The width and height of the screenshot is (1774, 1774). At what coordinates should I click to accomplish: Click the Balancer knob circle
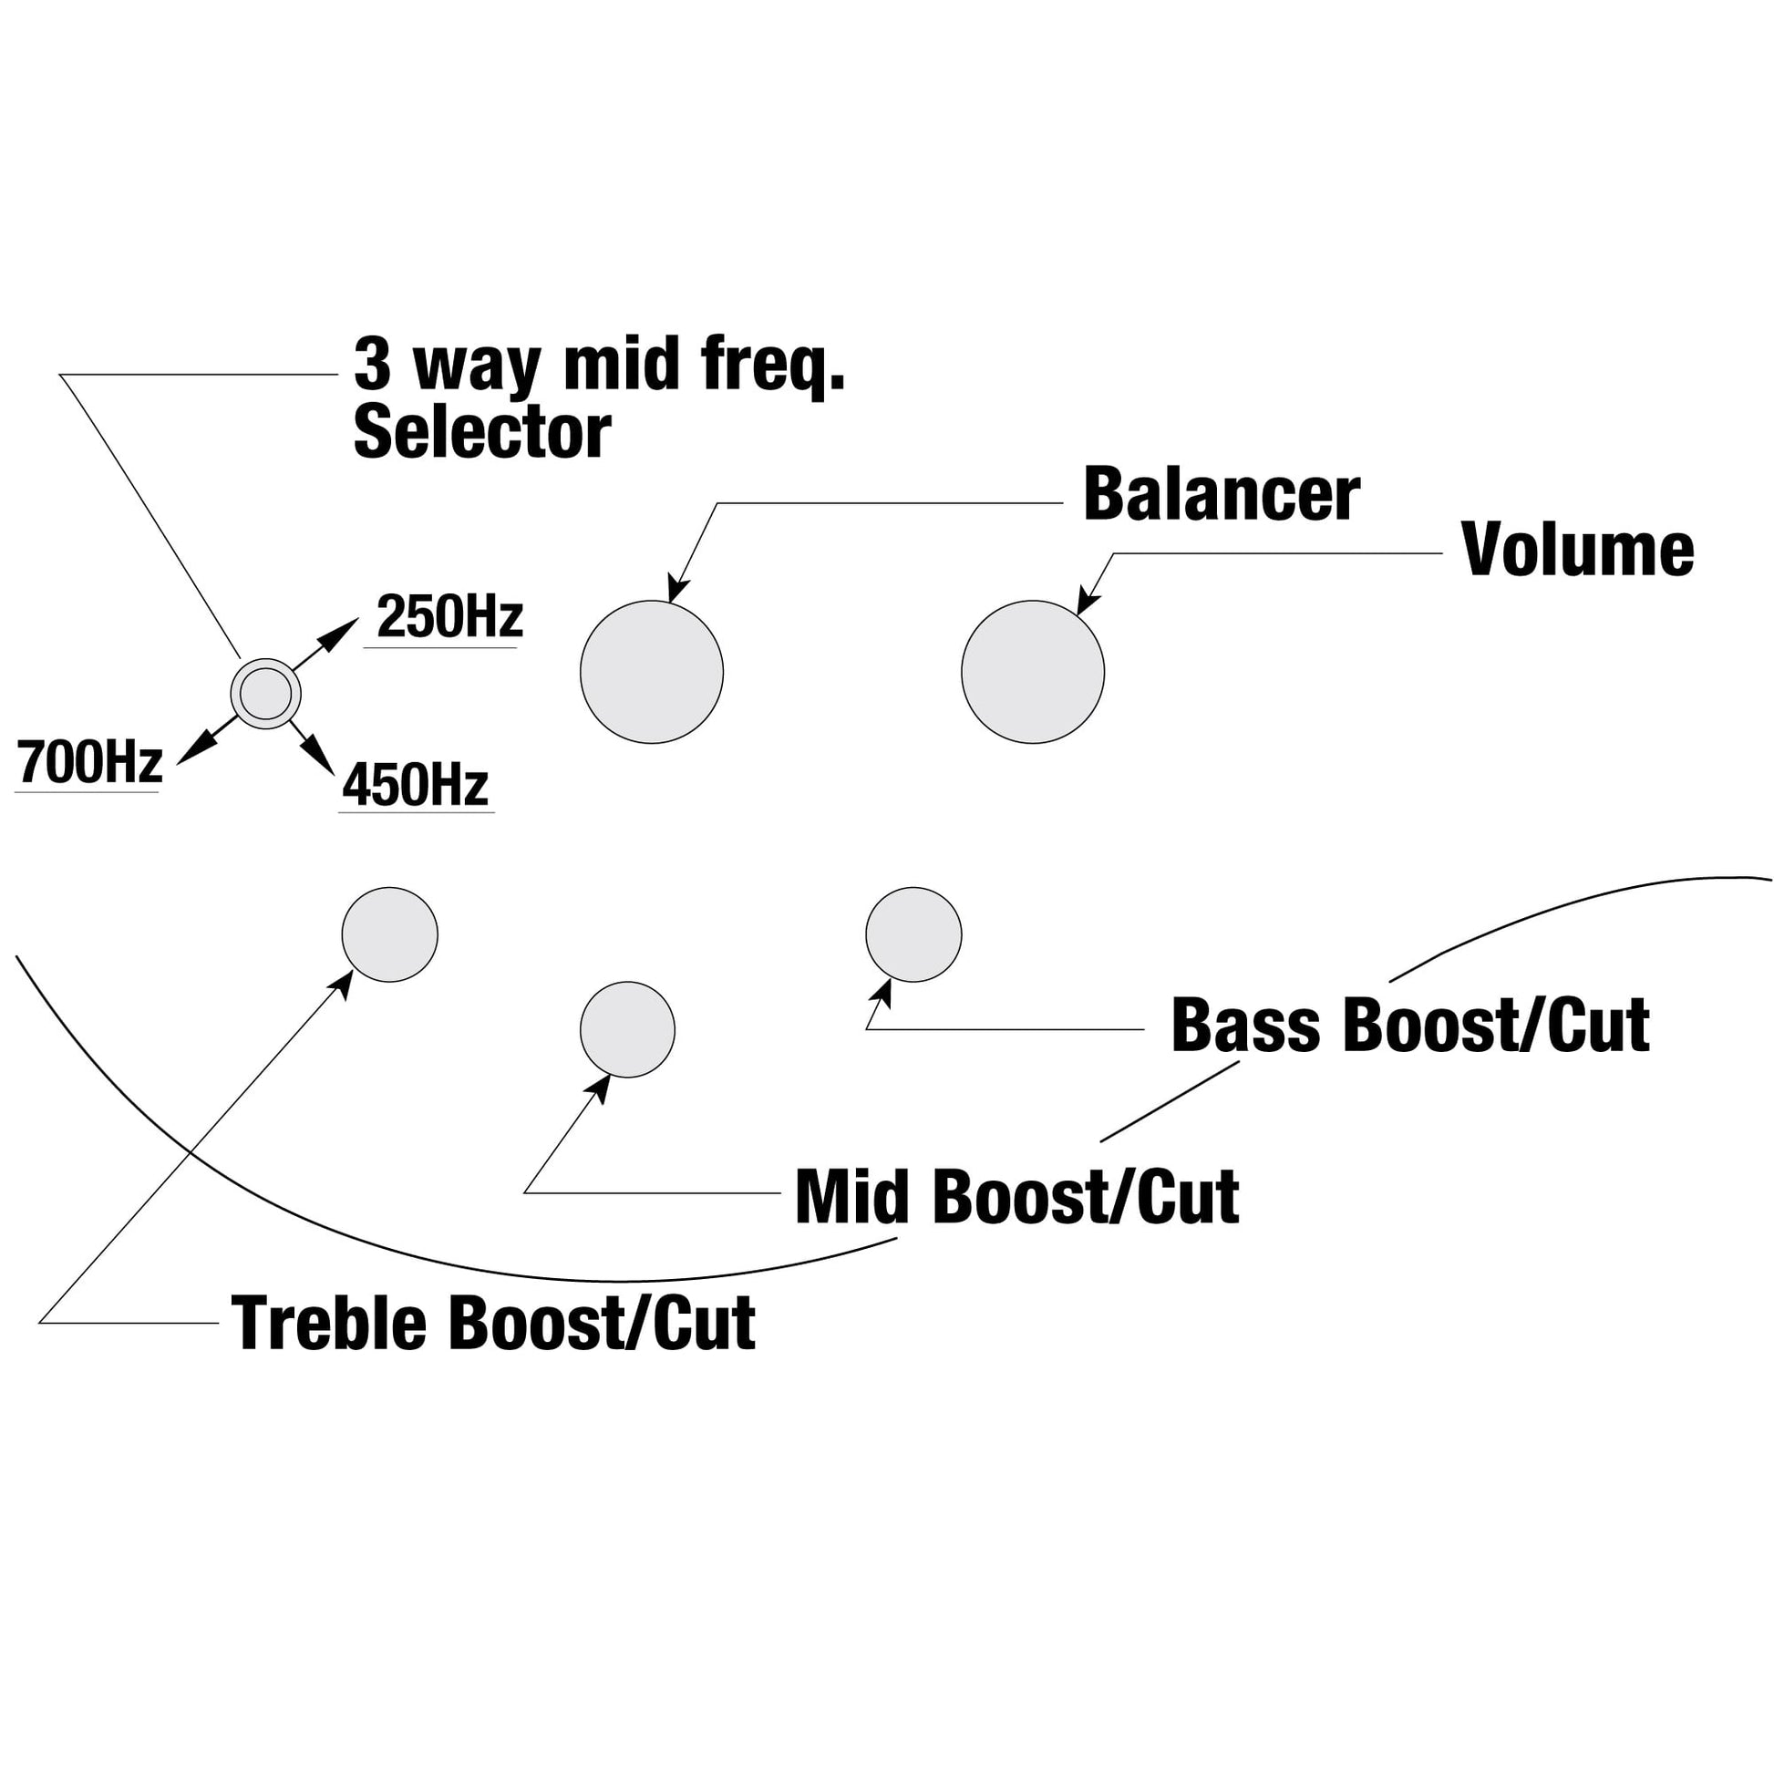(x=651, y=671)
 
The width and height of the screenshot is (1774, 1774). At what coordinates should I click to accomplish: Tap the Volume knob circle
(x=1032, y=671)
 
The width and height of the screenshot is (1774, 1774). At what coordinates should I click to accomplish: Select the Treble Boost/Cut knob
(x=389, y=933)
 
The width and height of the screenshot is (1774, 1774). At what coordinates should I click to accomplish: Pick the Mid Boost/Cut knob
(x=627, y=1029)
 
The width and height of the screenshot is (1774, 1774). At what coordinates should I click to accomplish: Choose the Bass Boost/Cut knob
(x=913, y=933)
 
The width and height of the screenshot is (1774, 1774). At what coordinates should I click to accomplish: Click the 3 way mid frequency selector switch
(x=264, y=693)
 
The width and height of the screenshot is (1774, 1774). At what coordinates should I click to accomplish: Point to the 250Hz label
(x=449, y=617)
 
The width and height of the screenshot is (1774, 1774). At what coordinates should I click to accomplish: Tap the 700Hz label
(x=89, y=762)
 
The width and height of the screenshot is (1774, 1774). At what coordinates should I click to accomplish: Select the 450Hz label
(x=415, y=786)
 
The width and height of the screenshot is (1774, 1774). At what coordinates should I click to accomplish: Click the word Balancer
(x=1222, y=495)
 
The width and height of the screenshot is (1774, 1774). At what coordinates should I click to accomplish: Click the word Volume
(x=1577, y=550)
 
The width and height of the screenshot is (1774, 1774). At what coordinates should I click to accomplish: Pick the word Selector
(x=482, y=432)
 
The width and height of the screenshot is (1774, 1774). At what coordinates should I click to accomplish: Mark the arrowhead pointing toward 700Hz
(x=187, y=753)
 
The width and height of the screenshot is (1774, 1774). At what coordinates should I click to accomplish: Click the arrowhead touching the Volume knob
(x=1087, y=603)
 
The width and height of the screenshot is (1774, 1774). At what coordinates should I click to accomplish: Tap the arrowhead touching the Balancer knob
(x=677, y=589)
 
